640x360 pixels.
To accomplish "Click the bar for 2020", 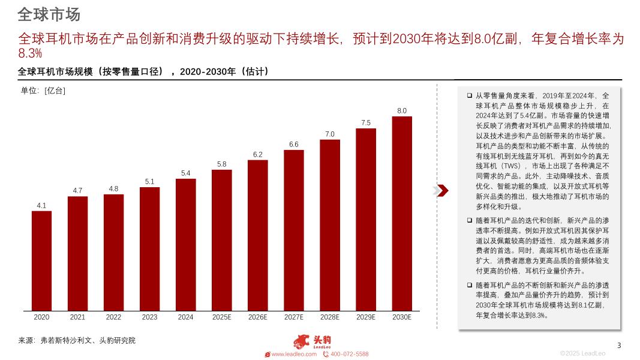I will tap(41, 261).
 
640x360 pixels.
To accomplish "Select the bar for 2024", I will tap(185, 245).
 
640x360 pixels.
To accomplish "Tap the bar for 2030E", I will tap(402, 214).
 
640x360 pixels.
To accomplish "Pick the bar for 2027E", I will tap(294, 230).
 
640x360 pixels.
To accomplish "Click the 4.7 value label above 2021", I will tap(77, 190).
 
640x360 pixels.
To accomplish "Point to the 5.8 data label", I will tap(221, 164).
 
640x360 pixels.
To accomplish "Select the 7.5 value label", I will tap(366, 122).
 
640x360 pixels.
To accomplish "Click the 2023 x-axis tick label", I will tap(149, 317).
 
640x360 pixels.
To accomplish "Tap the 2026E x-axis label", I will tap(257, 317).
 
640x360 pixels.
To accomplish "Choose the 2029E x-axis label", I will tap(366, 317).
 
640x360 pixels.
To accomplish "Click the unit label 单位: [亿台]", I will tap(43, 91).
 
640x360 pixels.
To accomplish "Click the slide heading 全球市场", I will tap(49, 14).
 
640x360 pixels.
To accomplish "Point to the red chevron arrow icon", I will tap(441, 191).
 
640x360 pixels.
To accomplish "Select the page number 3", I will tap(619, 345).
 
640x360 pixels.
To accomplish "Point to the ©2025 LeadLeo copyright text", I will tap(582, 353).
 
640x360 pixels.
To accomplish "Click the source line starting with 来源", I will tap(77, 340).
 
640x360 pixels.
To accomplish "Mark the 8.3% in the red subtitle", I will tap(30, 54).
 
